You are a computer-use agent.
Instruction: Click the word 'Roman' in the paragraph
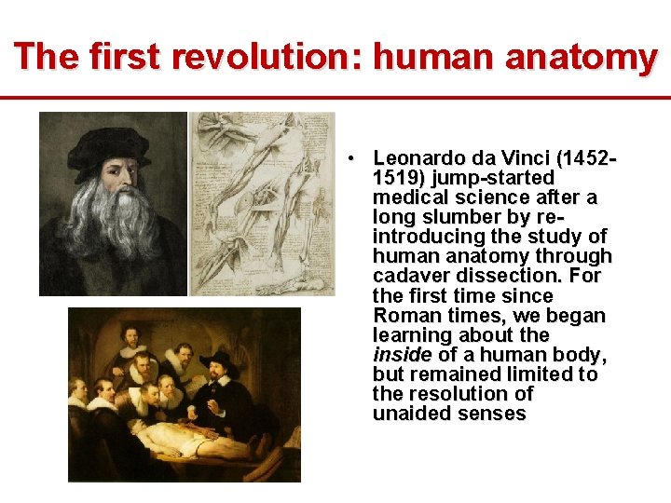[402, 316]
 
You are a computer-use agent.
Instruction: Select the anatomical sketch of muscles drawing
[262, 203]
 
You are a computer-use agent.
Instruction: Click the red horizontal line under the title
[335, 97]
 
